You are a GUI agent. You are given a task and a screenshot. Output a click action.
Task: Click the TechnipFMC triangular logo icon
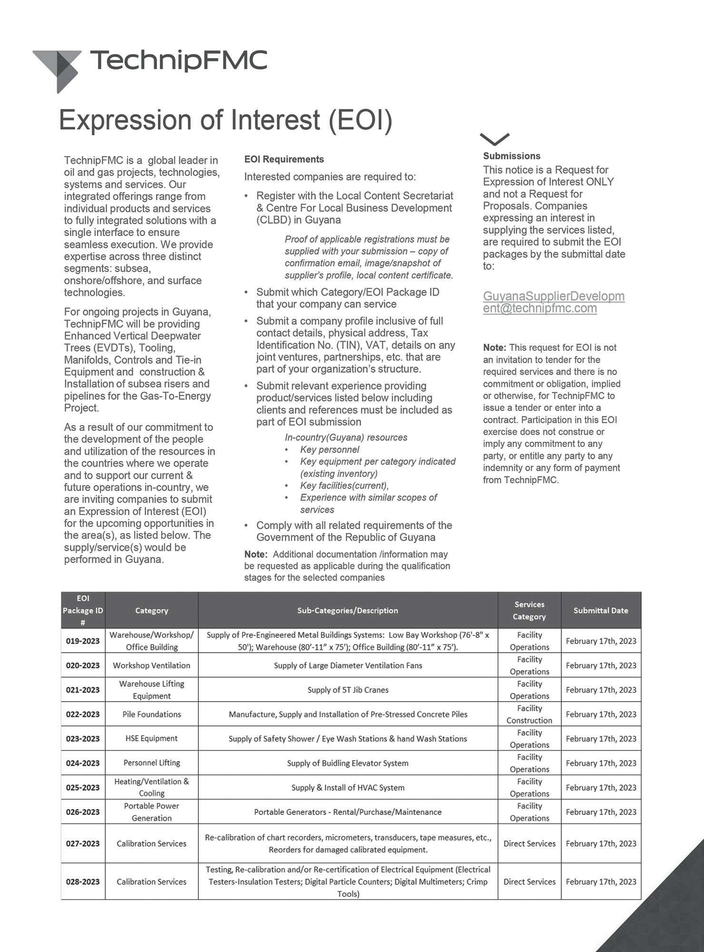coord(58,69)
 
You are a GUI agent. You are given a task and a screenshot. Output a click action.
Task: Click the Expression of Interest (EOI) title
coord(225,119)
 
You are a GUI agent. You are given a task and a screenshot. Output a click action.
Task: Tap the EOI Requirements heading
coord(284,159)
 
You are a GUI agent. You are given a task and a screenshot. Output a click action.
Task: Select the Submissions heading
coord(511,156)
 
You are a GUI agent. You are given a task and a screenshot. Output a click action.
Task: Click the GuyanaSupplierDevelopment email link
coord(553,302)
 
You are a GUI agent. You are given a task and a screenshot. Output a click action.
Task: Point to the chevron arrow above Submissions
coord(495,139)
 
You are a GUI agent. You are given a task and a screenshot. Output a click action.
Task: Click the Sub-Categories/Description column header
coord(348,610)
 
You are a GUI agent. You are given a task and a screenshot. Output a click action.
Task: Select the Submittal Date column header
coord(600,610)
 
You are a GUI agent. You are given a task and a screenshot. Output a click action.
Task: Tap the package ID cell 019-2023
coord(83,641)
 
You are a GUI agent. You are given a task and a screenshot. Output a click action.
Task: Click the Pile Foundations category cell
coord(152,714)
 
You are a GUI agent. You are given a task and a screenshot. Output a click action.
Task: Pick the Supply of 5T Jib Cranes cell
coord(348,690)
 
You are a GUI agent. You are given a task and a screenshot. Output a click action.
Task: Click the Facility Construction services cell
coord(529,714)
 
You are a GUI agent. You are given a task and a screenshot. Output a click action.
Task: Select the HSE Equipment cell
coord(152,738)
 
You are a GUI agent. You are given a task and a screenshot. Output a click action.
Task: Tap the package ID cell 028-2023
coord(83,882)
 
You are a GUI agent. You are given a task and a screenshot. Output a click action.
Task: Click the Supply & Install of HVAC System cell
coord(348,787)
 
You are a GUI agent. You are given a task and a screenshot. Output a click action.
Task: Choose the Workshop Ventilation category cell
coord(152,665)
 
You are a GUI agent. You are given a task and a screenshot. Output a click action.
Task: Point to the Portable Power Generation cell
coord(152,812)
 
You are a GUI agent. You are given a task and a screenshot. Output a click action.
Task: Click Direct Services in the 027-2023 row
coord(529,843)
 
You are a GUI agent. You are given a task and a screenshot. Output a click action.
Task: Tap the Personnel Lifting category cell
coord(152,763)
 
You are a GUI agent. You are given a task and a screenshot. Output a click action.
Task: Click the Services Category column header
coord(529,610)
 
